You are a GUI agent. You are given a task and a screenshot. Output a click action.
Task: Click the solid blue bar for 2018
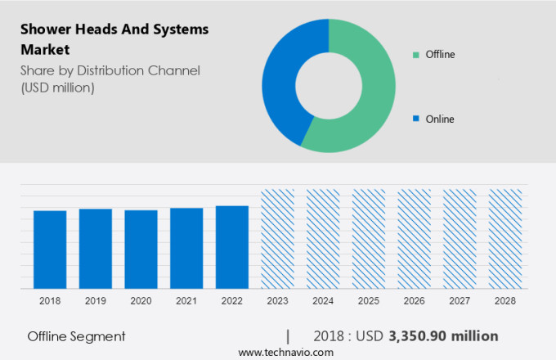[50, 250]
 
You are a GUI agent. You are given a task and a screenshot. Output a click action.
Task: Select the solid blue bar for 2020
[141, 250]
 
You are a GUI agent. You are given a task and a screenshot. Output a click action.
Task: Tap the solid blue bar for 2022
[232, 247]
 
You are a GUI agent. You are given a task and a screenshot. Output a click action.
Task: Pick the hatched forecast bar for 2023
[277, 239]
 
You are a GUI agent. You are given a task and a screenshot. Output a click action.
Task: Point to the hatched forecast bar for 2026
[414, 239]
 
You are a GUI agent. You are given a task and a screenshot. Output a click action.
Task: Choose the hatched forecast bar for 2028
[504, 239]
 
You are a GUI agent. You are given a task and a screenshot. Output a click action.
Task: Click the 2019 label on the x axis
[95, 301]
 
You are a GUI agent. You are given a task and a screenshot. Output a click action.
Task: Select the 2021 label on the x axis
[186, 301]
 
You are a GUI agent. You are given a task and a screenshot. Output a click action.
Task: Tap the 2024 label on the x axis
[323, 301]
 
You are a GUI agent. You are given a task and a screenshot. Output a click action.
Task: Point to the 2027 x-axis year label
[460, 301]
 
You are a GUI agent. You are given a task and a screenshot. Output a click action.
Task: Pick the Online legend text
[439, 119]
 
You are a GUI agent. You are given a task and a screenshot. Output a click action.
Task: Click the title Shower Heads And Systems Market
[114, 39]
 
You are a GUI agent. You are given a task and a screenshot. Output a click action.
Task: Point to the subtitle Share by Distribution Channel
[110, 71]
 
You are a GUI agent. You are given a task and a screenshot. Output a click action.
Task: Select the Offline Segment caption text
[76, 336]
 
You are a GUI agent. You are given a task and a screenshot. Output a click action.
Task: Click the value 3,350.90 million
[443, 336]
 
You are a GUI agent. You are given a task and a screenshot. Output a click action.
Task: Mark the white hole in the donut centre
[329, 85]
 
